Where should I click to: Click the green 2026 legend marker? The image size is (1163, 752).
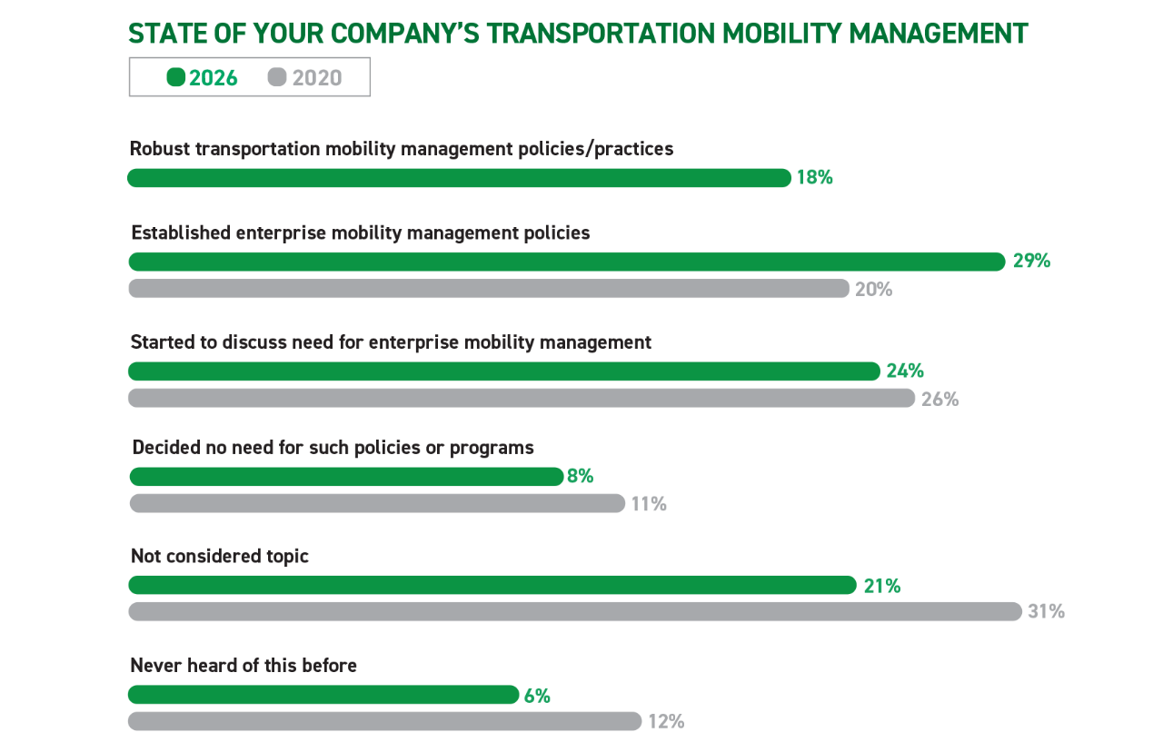pos(176,77)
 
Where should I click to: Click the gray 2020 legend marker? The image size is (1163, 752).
pos(277,77)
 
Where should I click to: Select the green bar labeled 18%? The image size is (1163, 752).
pos(459,177)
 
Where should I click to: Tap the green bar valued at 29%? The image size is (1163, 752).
pos(567,262)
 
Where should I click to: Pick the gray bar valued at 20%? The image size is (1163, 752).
pos(489,289)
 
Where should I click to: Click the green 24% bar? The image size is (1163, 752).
pos(504,371)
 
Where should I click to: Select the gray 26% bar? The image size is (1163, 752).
pos(522,398)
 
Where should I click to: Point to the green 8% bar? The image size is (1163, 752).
pos(346,477)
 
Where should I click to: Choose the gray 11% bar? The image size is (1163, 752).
pos(377,503)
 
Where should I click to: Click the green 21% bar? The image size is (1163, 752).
pos(492,585)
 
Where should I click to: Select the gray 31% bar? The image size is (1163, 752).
pos(575,611)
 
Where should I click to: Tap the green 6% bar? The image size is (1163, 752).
pos(323,695)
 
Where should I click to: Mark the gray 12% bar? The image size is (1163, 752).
pos(384,721)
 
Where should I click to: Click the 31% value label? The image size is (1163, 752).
pos(1046,611)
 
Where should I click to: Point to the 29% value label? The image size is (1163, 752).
pos(1031,261)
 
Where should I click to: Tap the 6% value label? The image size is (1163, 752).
pos(537,696)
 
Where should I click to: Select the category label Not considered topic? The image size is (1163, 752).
pos(220,557)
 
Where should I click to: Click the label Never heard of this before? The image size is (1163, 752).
pos(244,666)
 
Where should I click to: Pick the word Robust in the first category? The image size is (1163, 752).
pos(160,149)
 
